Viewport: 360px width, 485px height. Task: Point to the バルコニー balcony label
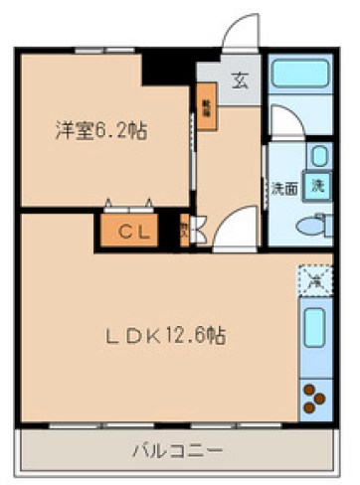coord(177,452)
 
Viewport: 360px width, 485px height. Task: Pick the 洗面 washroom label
coord(283,188)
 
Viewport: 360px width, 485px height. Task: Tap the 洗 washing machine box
coord(317,186)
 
